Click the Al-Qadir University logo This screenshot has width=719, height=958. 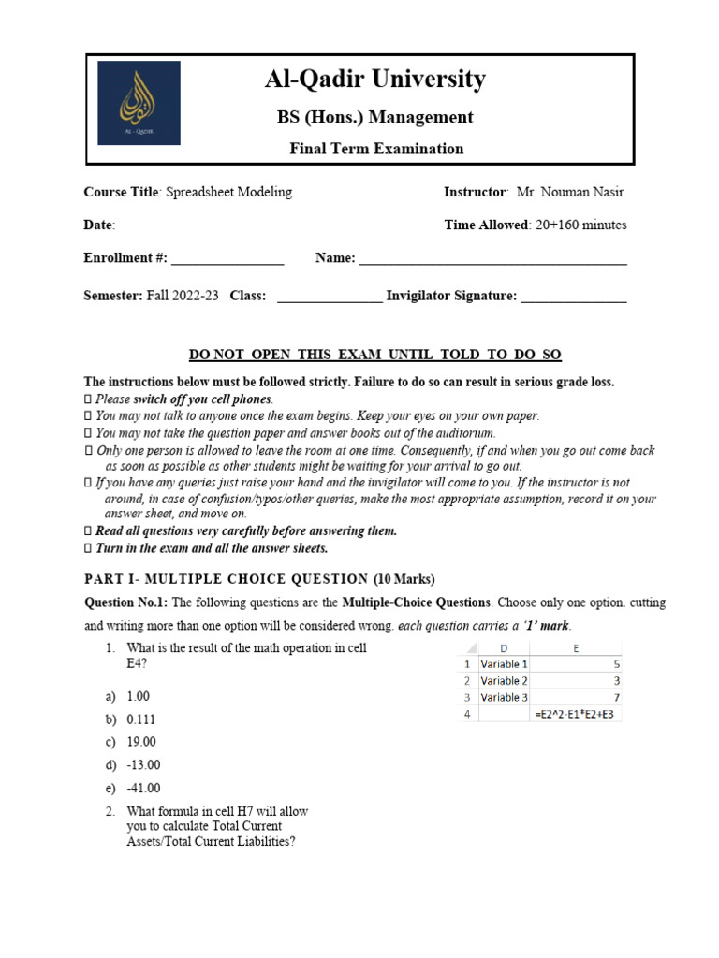[139, 103]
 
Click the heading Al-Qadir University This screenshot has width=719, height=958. [374, 80]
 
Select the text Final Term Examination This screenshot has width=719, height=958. [376, 149]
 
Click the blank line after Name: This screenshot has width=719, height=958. [492, 259]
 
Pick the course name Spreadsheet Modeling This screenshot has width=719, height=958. [228, 193]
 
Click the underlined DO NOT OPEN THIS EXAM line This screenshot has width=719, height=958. [375, 355]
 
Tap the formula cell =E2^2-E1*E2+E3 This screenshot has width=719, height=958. [577, 714]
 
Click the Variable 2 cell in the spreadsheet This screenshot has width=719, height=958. [504, 680]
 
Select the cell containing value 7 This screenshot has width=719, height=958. [577, 697]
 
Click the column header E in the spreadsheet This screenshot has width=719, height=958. [577, 647]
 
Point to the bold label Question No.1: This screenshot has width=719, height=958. [127, 602]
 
